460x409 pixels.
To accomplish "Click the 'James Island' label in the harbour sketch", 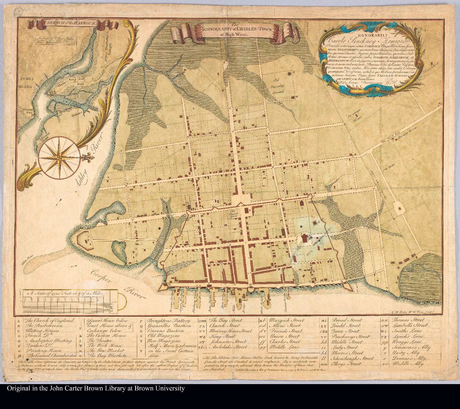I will [x=26, y=82].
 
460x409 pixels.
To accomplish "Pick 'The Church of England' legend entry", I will [x=49, y=320].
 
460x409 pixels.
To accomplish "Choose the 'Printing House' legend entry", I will [x=44, y=350].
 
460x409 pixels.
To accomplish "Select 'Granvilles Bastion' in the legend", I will [x=169, y=326].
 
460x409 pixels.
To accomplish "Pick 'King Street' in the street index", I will [x=220, y=336].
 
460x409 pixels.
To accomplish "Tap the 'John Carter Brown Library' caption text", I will [x=95, y=388].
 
